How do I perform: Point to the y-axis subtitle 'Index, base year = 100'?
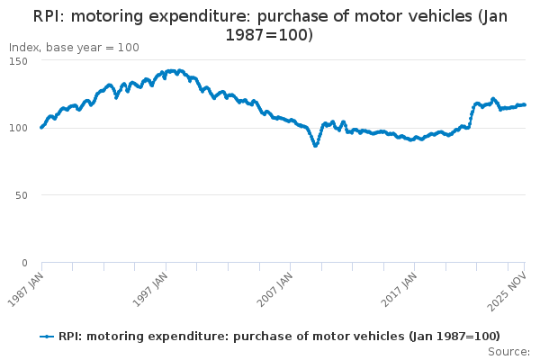click(x=74, y=47)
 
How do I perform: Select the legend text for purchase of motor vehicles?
click(x=279, y=337)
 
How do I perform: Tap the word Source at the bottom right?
click(x=509, y=351)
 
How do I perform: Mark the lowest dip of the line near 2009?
click(x=315, y=145)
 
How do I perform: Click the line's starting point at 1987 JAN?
click(x=41, y=128)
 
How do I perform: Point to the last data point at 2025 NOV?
click(x=525, y=104)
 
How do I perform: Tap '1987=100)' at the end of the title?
click(x=269, y=35)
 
